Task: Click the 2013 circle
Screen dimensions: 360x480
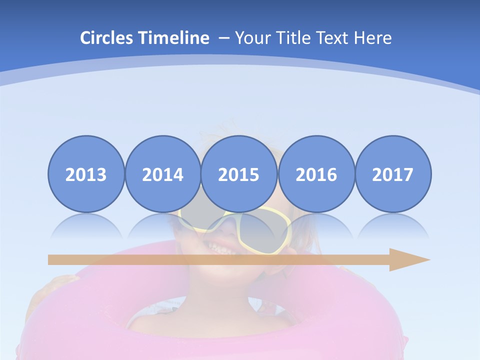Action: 86,174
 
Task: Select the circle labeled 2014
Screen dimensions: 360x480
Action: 162,174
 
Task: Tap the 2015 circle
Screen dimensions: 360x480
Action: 239,174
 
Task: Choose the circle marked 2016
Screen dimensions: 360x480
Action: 316,174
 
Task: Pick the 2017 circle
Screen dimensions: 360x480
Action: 392,174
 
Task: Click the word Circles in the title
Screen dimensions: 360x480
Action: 107,38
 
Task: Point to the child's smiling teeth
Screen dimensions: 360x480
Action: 218,246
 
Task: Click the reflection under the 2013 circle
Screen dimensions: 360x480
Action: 86,225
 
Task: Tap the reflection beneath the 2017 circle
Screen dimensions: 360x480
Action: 392,225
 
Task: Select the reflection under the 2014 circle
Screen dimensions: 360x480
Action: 162,225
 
